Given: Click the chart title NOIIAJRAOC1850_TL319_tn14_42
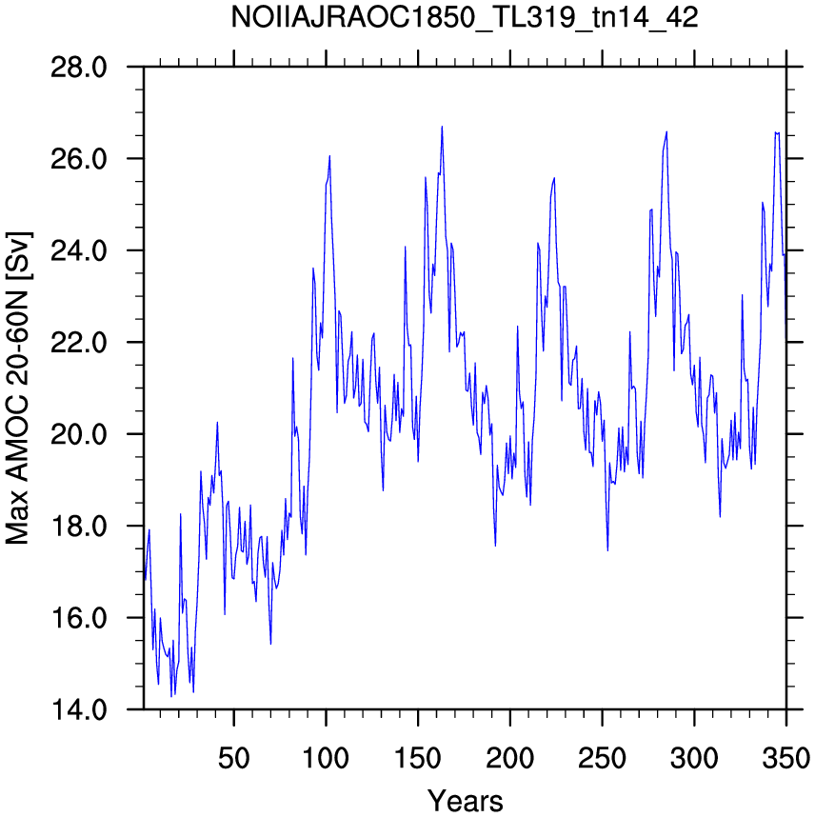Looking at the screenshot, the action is [x=465, y=19].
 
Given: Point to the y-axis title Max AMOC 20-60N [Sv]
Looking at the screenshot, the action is [x=18, y=389].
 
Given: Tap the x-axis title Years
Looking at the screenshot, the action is [x=466, y=800].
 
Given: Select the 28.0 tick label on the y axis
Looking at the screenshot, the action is [x=79, y=68].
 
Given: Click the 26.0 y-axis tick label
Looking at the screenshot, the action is [x=79, y=159].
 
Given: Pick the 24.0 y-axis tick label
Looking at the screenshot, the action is [x=79, y=250].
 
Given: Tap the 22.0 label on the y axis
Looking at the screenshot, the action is [x=79, y=343].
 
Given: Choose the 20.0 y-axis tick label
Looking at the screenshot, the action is [x=79, y=434].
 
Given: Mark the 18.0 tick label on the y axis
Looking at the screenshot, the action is [x=79, y=526].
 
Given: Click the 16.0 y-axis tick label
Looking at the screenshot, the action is [x=79, y=617].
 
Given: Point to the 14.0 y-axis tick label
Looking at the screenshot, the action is [x=79, y=709].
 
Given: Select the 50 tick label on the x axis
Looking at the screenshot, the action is [x=234, y=758].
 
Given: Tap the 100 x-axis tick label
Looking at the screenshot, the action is [x=326, y=758].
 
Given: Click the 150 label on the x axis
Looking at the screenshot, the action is [x=418, y=758].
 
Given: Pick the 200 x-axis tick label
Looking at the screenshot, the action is [x=509, y=758].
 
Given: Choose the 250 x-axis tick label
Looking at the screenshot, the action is [x=602, y=758].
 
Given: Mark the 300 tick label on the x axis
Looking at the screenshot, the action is [x=694, y=758].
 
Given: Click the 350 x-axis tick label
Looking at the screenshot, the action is [x=785, y=758].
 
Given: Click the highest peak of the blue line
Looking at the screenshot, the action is [x=442, y=126].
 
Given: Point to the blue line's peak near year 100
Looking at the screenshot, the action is [x=329, y=156].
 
